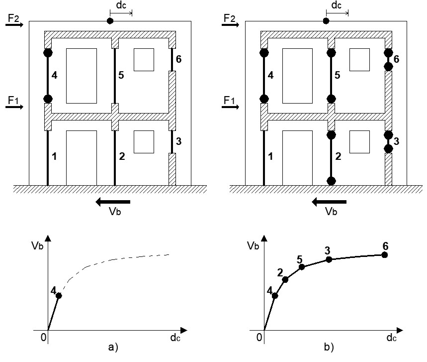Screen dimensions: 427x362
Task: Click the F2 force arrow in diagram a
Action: pos(14,25)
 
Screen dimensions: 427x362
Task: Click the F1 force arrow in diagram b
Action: pos(230,107)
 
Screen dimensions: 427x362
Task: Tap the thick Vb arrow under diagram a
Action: pos(113,202)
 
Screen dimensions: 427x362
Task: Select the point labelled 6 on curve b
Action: pos(385,255)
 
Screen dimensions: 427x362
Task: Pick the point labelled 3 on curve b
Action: pos(329,259)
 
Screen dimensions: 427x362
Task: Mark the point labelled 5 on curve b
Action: pos(301,267)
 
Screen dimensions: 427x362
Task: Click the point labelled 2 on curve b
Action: pos(285,279)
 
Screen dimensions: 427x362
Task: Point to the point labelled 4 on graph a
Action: pos(59,295)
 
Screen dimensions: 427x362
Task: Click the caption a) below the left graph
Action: pos(113,347)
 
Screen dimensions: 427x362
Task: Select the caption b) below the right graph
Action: pos(329,347)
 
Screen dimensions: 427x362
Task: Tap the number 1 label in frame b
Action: pos(270,156)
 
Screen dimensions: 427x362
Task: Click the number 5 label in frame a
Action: pos(121,75)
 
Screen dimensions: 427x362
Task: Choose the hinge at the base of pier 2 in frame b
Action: pos(331,181)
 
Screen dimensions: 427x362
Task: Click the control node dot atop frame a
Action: pos(110,21)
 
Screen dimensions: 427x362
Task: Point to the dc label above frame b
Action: pos(337,5)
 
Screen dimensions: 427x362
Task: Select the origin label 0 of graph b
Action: pos(259,338)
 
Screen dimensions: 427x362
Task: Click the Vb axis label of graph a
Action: pos(37,246)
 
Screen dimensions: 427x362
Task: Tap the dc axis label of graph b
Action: pos(391,338)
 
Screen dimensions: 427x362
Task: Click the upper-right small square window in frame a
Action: pos(144,60)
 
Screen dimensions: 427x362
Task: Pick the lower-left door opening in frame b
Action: pos(297,158)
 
